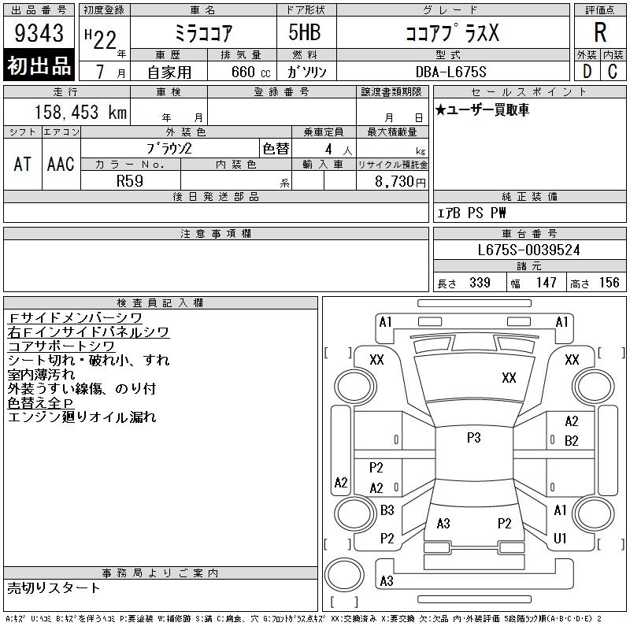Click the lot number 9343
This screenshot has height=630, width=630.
pyautogui.click(x=40, y=34)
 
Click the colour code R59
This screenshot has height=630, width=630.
pyautogui.click(x=130, y=180)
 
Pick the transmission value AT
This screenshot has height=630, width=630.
pyautogui.click(x=22, y=164)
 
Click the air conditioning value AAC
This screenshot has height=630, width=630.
pyautogui.click(x=61, y=164)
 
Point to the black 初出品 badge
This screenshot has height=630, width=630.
pyautogui.click(x=39, y=66)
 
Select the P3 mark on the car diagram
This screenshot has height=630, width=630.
pyautogui.click(x=473, y=438)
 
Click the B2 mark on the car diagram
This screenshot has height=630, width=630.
pyautogui.click(x=572, y=440)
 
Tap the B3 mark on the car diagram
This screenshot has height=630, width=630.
pyautogui.click(x=387, y=510)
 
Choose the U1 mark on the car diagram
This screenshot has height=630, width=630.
pyautogui.click(x=560, y=538)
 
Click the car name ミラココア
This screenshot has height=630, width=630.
pyautogui.click(x=203, y=33)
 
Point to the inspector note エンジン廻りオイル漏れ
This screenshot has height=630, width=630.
pyautogui.click(x=82, y=417)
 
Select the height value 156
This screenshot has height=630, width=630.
pyautogui.click(x=610, y=283)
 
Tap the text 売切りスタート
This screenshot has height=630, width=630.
pyautogui.click(x=54, y=587)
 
